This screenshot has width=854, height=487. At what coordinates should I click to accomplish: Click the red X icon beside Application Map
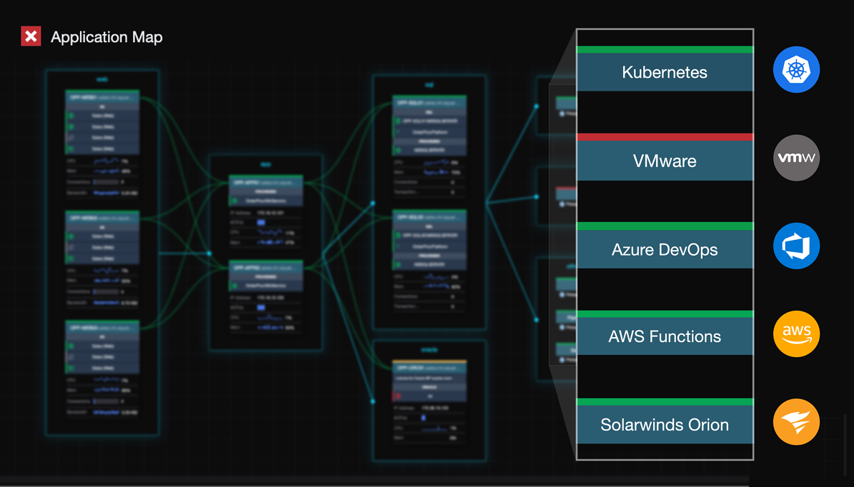pyautogui.click(x=31, y=36)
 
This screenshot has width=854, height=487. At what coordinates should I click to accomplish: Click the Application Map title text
pyautogui.click(x=106, y=37)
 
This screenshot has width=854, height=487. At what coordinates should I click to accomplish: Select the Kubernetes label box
pyautogui.click(x=665, y=72)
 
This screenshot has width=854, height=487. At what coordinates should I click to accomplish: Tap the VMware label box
pyautogui.click(x=665, y=161)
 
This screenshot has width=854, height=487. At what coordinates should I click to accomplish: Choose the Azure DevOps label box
pyautogui.click(x=665, y=250)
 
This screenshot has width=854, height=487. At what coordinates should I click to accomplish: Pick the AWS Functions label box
pyautogui.click(x=665, y=336)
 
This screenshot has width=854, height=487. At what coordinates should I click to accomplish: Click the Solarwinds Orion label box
pyautogui.click(x=665, y=425)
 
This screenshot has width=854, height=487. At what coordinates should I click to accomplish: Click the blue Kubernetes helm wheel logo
pyautogui.click(x=796, y=70)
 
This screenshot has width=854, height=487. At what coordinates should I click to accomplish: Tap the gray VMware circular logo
pyautogui.click(x=796, y=158)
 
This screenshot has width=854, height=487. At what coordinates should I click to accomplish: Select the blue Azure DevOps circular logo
pyautogui.click(x=796, y=246)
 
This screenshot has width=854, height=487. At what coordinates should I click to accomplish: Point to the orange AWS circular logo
pyautogui.click(x=796, y=333)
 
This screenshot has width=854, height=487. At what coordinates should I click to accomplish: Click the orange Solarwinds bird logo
pyautogui.click(x=796, y=422)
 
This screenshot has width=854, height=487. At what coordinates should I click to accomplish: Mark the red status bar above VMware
pyautogui.click(x=665, y=137)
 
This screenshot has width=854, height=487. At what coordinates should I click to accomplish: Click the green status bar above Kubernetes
pyautogui.click(x=665, y=49)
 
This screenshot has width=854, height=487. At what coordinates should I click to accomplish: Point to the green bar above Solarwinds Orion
pyautogui.click(x=665, y=402)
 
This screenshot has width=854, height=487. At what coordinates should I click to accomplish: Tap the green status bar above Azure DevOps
pyautogui.click(x=665, y=226)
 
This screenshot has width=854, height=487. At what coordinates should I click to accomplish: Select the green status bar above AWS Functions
pyautogui.click(x=665, y=314)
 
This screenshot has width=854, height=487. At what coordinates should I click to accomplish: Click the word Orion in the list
pyautogui.click(x=706, y=425)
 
